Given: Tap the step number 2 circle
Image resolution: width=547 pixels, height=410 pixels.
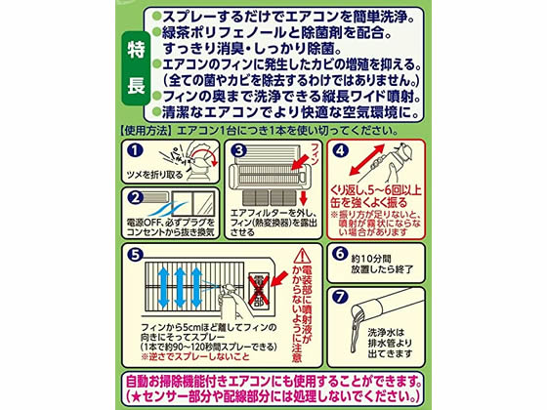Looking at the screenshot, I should click(x=134, y=197).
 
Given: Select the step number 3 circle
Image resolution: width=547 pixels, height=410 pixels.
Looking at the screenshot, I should click(x=235, y=151).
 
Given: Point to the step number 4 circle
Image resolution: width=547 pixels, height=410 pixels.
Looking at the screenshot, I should click(x=342, y=151).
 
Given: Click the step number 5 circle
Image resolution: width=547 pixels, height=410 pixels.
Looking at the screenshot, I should click(x=133, y=253).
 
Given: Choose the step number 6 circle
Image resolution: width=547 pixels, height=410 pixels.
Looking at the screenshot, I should click(x=341, y=253).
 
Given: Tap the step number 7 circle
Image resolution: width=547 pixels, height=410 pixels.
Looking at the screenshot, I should click(x=341, y=297).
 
